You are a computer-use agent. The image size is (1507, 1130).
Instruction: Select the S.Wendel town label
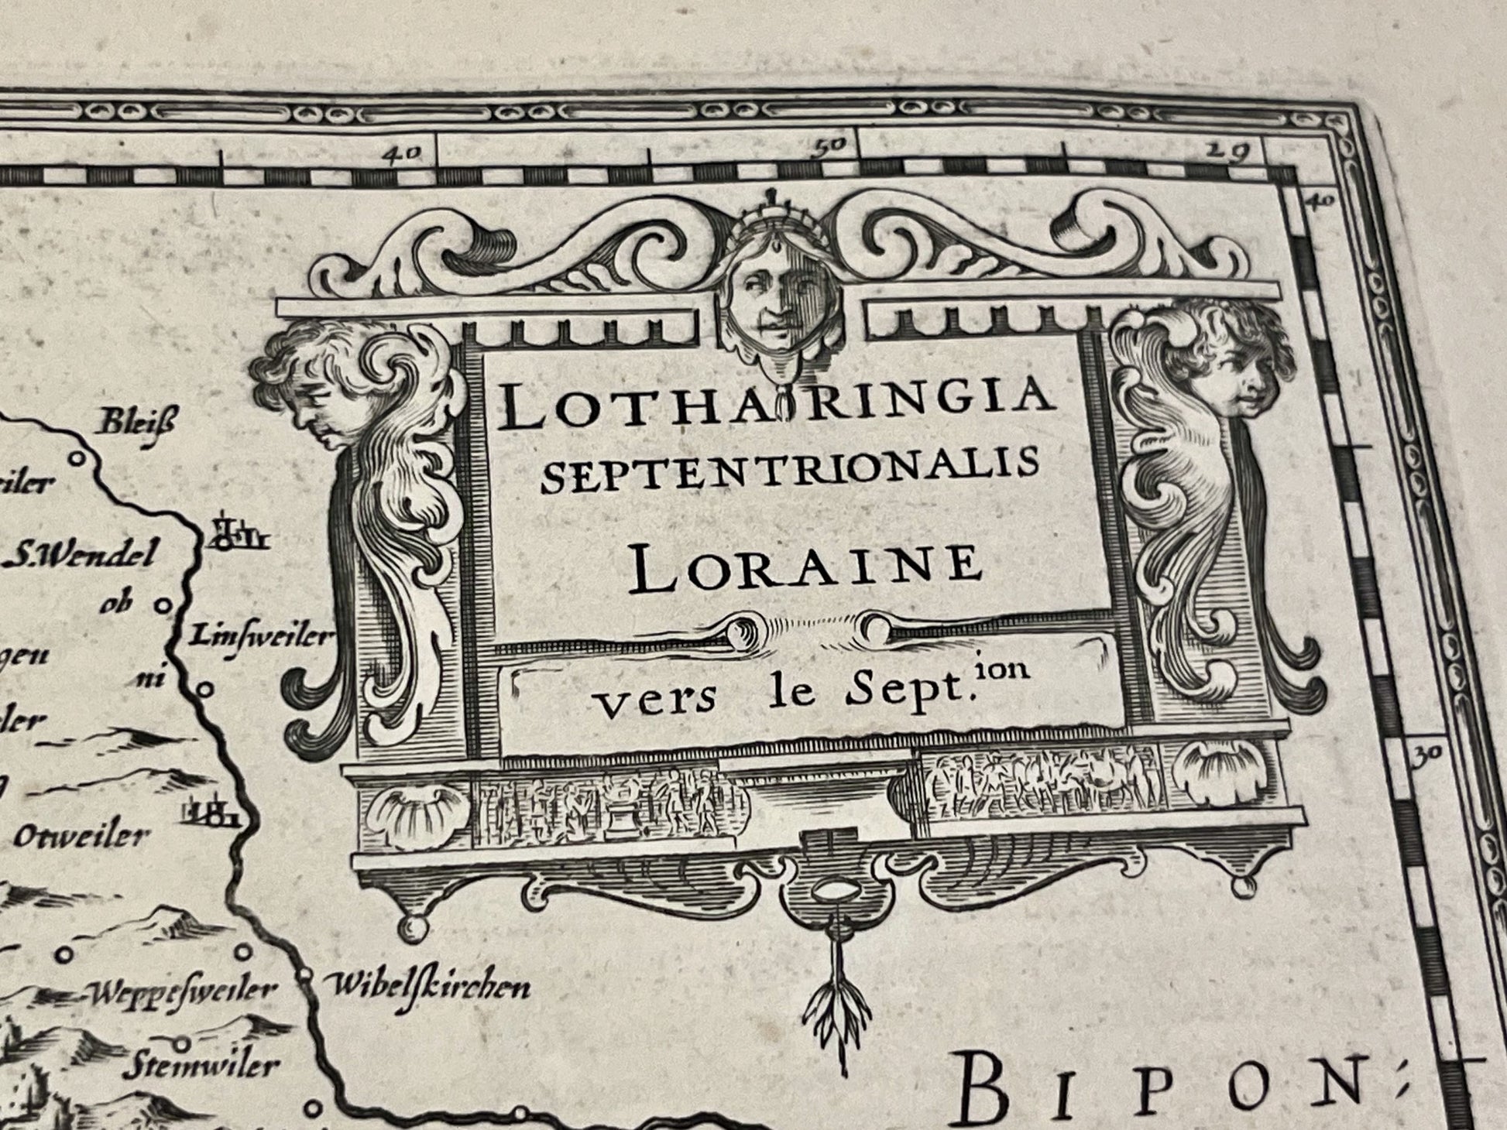(84, 556)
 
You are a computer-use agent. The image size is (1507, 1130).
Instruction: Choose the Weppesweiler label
(183, 991)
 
